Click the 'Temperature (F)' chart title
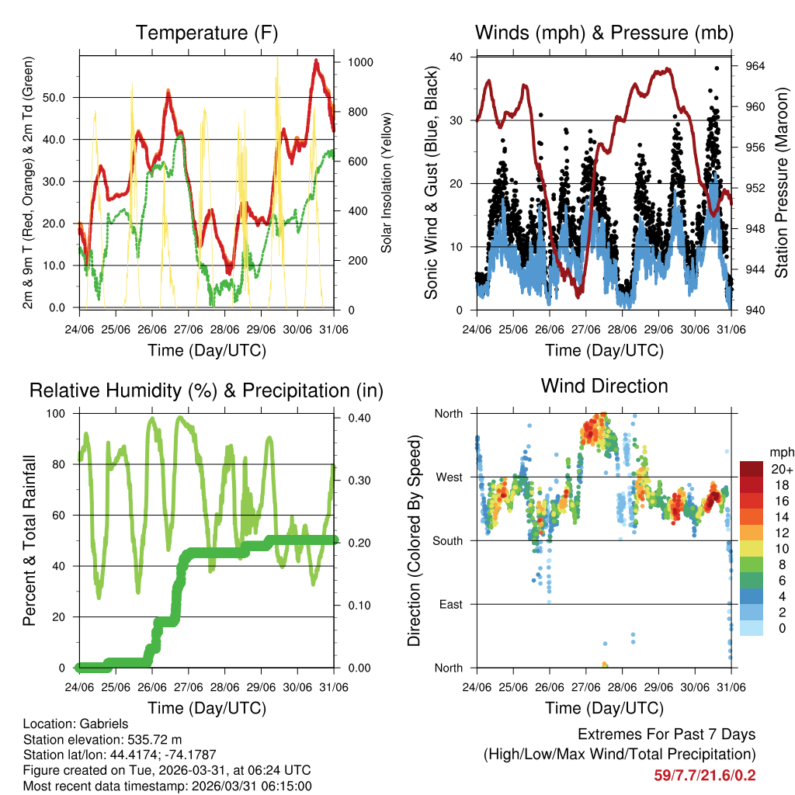click(x=207, y=33)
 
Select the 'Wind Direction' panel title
click(x=604, y=386)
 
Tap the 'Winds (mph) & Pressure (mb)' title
click(x=604, y=33)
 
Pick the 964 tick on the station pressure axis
click(x=755, y=66)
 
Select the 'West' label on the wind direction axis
click(x=448, y=477)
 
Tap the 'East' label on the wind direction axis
click(x=450, y=604)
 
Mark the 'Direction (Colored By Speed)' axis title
click(x=414, y=540)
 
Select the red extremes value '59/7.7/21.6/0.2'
click(x=703, y=775)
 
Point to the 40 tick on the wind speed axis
click(x=457, y=57)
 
